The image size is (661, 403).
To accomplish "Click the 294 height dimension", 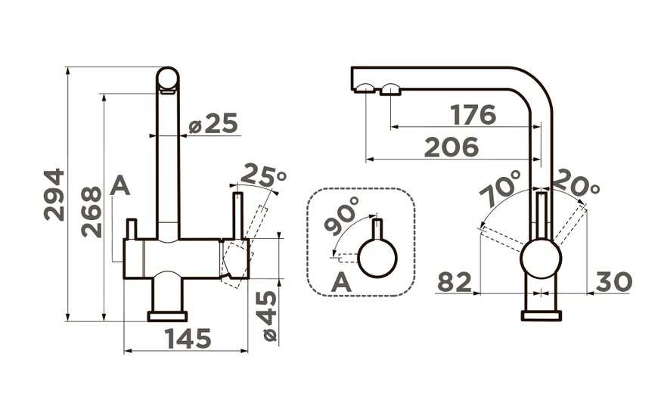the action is pos(54,195).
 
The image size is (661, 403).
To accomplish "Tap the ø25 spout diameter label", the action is pos(213,123).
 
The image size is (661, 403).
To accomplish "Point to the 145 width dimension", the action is pos(188,339).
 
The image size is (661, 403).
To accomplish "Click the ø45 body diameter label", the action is pos(269,315).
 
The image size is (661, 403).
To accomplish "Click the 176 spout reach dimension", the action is pos(473,115).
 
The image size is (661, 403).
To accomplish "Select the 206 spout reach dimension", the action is pos(452,147).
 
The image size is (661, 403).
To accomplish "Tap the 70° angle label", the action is pos(501,188).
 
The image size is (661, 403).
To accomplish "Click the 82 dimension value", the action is pos(455,281).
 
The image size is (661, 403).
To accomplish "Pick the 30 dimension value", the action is pos(614,281).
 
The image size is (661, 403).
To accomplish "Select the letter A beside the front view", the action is pos(120,186).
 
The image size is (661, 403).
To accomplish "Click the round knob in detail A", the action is pos(377,258).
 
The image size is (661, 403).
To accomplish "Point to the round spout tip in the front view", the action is pos(168,79).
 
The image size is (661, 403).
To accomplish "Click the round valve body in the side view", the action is pos(541,259).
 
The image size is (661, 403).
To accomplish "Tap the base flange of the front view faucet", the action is pos(167,317).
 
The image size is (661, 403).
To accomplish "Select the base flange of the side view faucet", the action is pos(542,316).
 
